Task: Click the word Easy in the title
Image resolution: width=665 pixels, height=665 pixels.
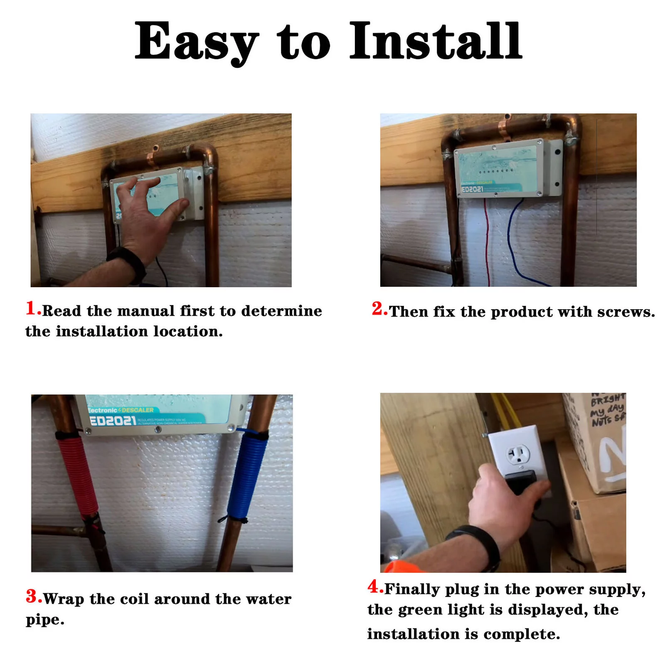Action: (x=195, y=42)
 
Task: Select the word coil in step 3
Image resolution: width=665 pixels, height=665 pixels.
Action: (x=134, y=599)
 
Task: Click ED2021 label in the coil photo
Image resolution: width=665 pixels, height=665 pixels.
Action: (x=113, y=421)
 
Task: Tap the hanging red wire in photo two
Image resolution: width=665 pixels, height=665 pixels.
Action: (x=487, y=241)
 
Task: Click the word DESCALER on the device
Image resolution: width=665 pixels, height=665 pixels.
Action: (x=138, y=410)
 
